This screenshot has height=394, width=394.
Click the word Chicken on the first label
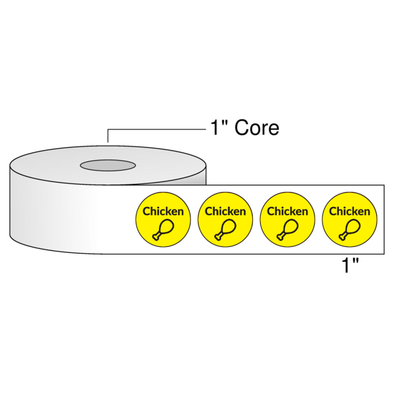(x=164, y=211)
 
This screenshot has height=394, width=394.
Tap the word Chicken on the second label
(x=225, y=211)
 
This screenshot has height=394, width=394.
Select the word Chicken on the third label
(x=287, y=211)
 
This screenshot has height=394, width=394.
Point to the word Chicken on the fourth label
(x=349, y=211)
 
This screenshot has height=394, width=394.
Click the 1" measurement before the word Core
(x=219, y=128)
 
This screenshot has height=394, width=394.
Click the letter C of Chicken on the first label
(x=147, y=211)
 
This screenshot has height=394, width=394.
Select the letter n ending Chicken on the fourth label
(x=366, y=211)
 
